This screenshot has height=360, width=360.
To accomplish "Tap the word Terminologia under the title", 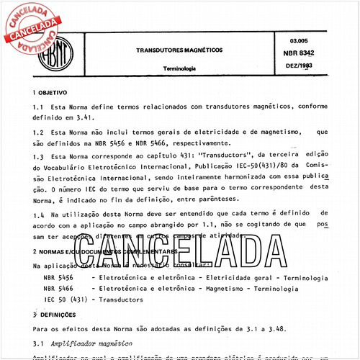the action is coord(170,70).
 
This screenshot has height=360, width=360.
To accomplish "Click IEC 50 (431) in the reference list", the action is coord(64,299).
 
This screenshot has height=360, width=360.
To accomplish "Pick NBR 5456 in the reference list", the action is coord(58,276).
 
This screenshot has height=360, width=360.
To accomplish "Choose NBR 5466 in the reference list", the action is coord(58,287).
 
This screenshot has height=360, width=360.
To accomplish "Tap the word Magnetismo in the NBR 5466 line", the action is coord(211,287).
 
